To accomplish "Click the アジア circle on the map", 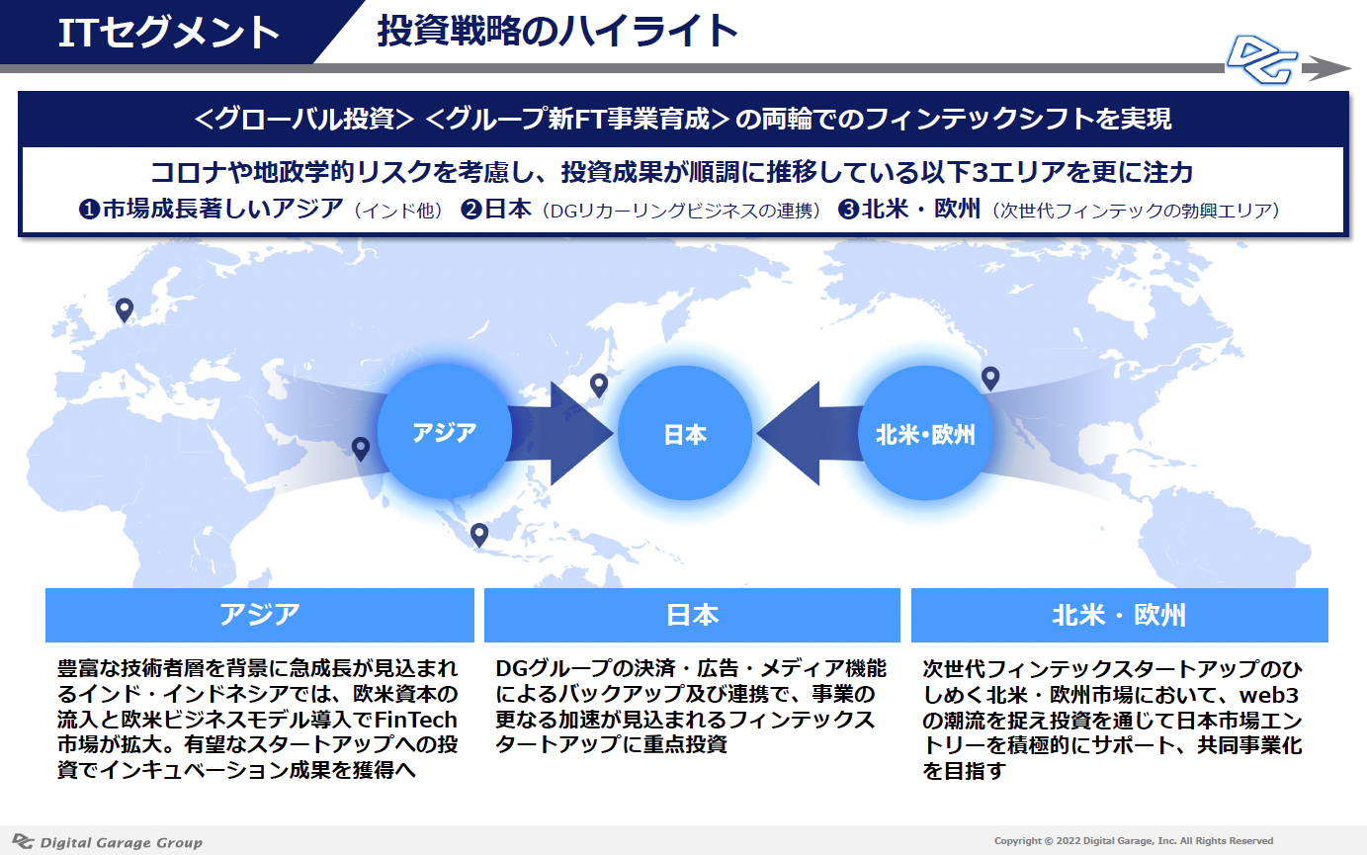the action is (444, 432).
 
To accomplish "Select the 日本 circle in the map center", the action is (685, 433).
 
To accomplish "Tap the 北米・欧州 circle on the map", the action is (925, 433).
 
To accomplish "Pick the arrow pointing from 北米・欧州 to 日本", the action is (809, 433).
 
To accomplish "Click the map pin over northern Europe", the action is (125, 310).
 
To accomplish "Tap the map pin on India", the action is (361, 449).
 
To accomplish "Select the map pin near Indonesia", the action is (479, 535).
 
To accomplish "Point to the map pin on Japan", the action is (599, 385).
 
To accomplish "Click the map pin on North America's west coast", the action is (990, 379).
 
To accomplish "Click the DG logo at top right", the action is (1262, 60).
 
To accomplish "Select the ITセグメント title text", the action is (168, 33).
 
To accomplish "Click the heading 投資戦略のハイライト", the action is (557, 31).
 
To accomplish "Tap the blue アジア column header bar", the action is (260, 615).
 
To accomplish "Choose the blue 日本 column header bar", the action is (692, 615).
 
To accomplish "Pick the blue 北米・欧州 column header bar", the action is (1119, 615).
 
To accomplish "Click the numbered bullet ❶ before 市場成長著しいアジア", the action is (89, 210).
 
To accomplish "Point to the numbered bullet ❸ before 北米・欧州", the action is (848, 210).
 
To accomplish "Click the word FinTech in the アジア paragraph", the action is (415, 721).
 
